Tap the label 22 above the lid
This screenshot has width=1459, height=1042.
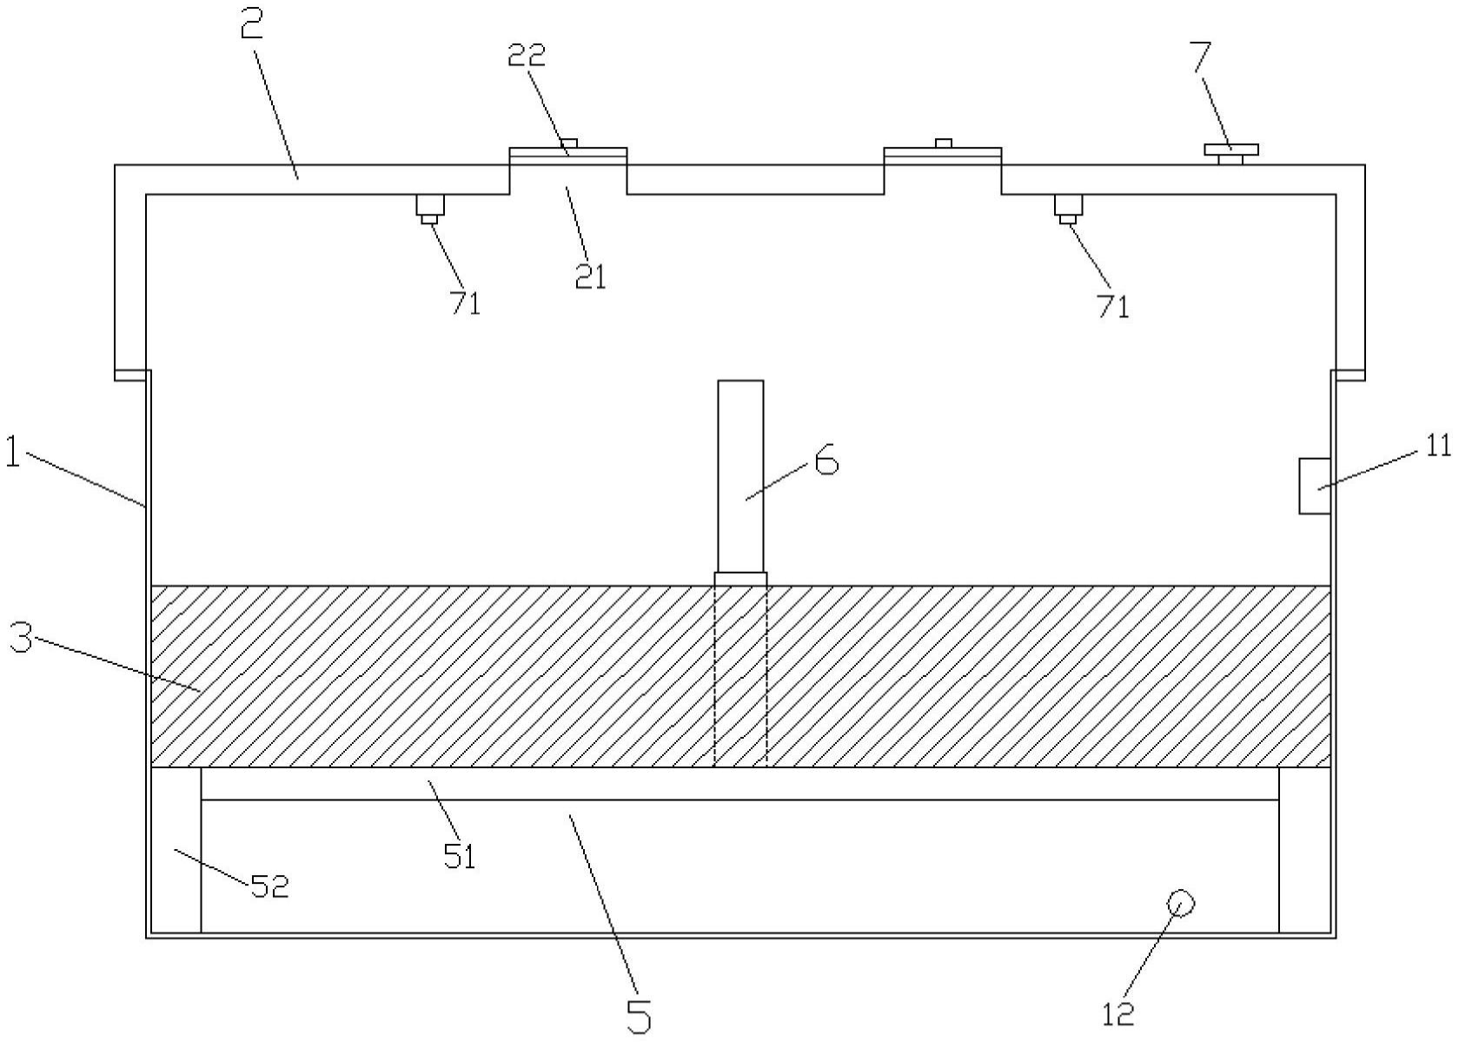coord(527,55)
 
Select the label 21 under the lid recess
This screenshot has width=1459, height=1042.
coord(590,276)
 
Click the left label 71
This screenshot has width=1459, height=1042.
coord(465,303)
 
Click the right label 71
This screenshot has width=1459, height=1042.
coord(1113,306)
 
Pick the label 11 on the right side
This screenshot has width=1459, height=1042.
coord(1438,446)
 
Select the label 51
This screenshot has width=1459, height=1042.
coord(459,857)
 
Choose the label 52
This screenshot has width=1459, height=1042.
coord(269,886)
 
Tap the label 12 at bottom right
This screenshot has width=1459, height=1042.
coord(1118,1013)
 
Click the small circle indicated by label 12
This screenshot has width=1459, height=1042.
coord(1180,903)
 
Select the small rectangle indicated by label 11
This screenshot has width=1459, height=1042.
coord(1315,485)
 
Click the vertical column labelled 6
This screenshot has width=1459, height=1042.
coord(740,476)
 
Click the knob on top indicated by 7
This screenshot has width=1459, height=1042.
coord(1230,152)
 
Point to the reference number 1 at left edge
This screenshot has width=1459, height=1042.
coord(12,453)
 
